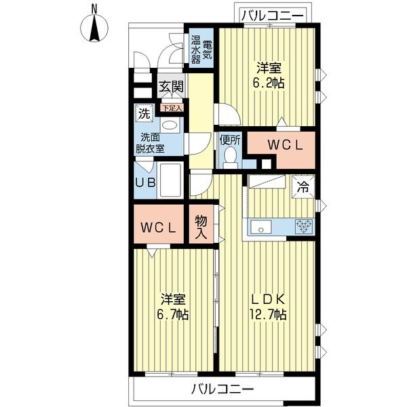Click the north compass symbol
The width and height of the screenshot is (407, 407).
pos(94,27)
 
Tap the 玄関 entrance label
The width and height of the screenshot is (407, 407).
pos(171,86)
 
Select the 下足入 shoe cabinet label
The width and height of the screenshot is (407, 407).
pos(172,108)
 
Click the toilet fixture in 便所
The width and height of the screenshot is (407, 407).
pos(230,157)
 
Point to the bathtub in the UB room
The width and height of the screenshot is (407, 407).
pos(170,180)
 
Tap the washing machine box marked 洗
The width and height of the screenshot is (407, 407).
pos(144,113)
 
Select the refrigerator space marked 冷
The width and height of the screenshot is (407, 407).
pos(303,187)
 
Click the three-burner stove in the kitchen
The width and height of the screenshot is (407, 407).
pos(304,227)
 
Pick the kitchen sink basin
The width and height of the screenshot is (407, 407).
pos(261,227)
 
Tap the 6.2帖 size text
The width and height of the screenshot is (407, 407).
pos(269,83)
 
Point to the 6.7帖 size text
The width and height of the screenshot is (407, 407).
pos(172,315)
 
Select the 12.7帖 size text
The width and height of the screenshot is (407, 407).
pos(268,315)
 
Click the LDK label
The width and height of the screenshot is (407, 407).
pos(269,300)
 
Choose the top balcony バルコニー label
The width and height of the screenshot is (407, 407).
pos(272,16)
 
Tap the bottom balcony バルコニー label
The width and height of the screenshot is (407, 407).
pos(222,389)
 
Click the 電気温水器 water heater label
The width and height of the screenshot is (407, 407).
pos(201,50)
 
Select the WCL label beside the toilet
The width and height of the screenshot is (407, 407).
pos(285,146)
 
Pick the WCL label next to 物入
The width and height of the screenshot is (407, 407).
pos(158,228)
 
